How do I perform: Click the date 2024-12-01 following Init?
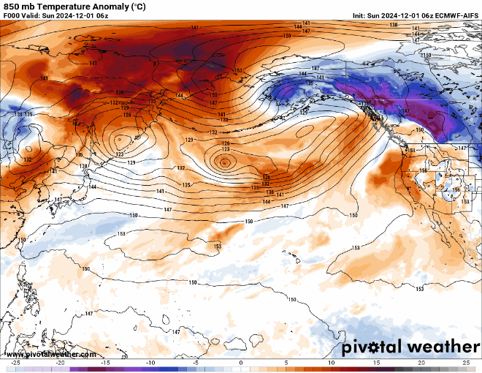pyautogui.click(x=401, y=15)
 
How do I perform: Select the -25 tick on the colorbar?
pyautogui.click(x=15, y=363)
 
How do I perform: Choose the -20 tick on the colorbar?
pyautogui.click(x=61, y=363)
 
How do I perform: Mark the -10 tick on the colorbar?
pyautogui.click(x=150, y=363)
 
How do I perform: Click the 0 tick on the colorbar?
pyautogui.click(x=241, y=363)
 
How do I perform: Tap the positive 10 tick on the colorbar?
pyautogui.click(x=331, y=363)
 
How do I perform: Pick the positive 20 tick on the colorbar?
pyautogui.click(x=421, y=363)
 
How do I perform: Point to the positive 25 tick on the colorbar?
pyautogui.click(x=466, y=363)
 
